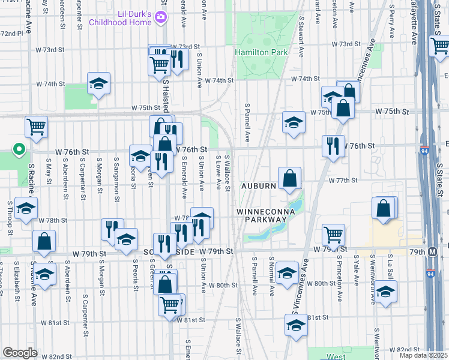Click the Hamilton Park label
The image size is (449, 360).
pyautogui.click(x=261, y=53)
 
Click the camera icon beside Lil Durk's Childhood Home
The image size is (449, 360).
pyautogui.click(x=160, y=18)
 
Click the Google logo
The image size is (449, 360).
pyautogui.click(x=20, y=353)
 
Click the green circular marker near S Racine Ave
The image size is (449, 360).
pyautogui.click(x=19, y=148)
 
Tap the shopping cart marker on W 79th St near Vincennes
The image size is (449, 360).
pyautogui.click(x=333, y=233)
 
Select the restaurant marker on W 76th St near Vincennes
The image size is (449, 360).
pyautogui.click(x=333, y=145)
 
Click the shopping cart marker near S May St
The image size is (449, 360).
pyautogui.click(x=36, y=127)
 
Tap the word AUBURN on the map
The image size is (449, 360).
pyautogui.click(x=259, y=186)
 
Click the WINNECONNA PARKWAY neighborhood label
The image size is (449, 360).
pyautogui.click(x=261, y=216)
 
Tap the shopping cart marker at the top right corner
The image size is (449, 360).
pyautogui.click(x=440, y=45)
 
